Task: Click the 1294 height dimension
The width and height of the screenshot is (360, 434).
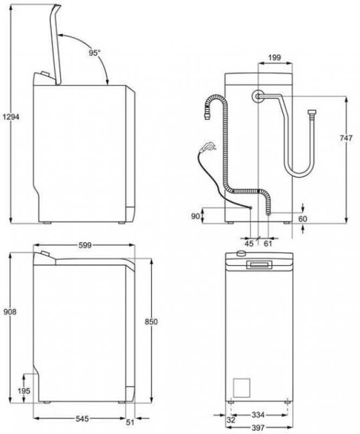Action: click(x=11, y=117)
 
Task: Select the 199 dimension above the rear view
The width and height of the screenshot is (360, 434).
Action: click(x=274, y=58)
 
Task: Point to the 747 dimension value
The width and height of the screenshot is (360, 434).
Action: click(x=346, y=138)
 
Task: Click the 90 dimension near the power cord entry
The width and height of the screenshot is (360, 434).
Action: click(x=195, y=216)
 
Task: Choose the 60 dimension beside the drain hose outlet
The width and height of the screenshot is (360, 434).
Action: click(x=303, y=219)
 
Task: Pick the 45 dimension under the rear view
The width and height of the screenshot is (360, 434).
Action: click(x=249, y=244)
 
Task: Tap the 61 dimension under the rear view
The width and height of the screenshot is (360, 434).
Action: click(x=268, y=244)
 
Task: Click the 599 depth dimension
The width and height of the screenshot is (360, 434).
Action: click(x=85, y=245)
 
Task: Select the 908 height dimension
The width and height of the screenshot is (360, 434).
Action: click(x=10, y=312)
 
